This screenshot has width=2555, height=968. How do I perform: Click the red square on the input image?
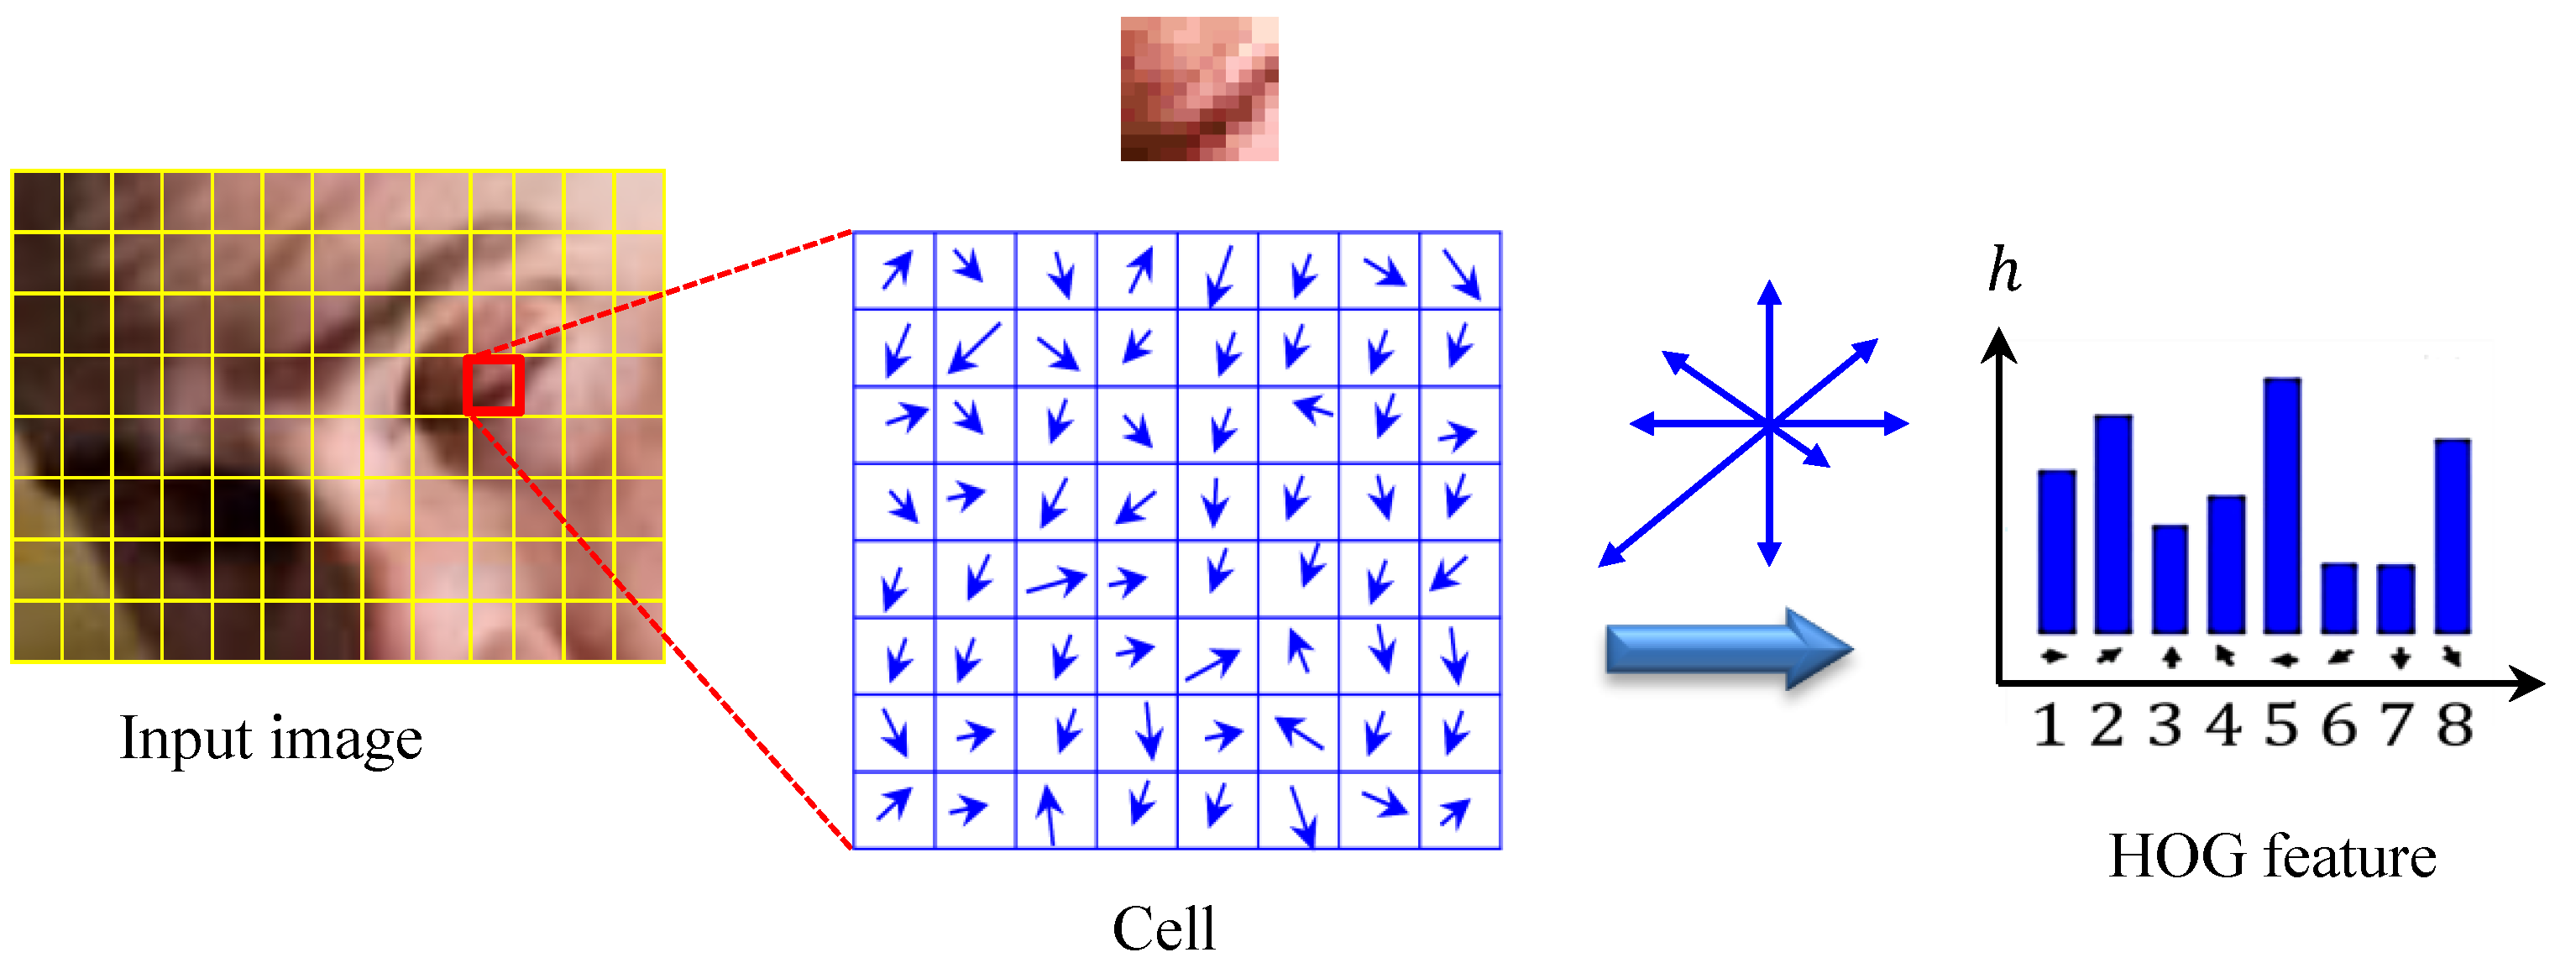[x=493, y=385]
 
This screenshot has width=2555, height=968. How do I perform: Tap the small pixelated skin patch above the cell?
[x=1199, y=88]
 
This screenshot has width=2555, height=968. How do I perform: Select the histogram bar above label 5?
[x=2282, y=505]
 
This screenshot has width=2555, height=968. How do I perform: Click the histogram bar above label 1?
[x=2056, y=552]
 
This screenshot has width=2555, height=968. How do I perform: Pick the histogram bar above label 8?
[x=2453, y=536]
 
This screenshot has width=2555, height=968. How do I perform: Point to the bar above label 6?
[x=2338, y=598]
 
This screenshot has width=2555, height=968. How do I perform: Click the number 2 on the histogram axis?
[x=2107, y=725]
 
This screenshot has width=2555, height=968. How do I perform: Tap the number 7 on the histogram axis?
[x=2397, y=725]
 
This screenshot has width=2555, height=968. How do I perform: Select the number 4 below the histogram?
[x=2225, y=725]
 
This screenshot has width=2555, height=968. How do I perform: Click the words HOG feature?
[x=2271, y=857]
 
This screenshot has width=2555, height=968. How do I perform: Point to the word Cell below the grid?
[x=1164, y=929]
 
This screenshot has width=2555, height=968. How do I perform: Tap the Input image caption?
[x=270, y=739]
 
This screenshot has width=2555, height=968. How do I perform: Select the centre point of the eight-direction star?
[x=1769, y=425]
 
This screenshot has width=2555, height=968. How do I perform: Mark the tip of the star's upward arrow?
[x=1769, y=285]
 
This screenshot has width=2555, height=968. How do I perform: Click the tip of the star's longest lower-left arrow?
[x=1603, y=564]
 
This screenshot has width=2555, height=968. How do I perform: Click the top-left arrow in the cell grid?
[x=896, y=269]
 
